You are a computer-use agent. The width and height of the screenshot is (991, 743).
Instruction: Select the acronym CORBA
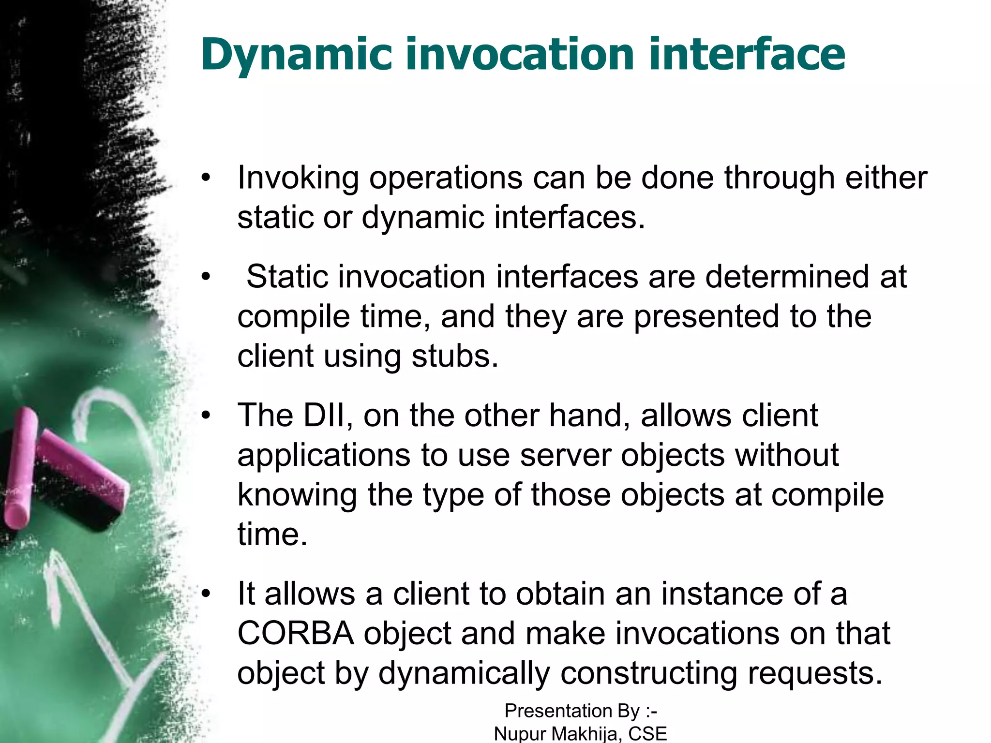coord(295,633)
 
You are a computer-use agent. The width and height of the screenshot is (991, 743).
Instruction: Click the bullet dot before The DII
coord(206,415)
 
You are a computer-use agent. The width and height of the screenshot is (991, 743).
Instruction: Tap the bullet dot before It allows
coord(206,594)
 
